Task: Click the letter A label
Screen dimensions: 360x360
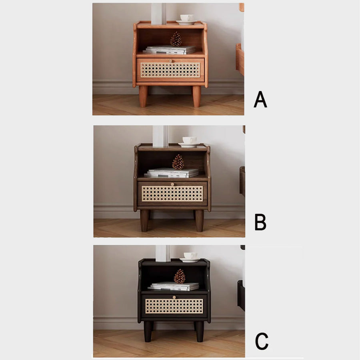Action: [x=260, y=100]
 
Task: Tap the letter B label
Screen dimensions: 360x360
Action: [x=260, y=222]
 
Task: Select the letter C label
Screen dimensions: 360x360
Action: [x=262, y=341]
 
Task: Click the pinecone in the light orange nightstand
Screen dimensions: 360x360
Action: [x=176, y=39]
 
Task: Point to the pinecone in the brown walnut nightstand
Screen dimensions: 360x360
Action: [x=178, y=162]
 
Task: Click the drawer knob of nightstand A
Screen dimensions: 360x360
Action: [x=170, y=61]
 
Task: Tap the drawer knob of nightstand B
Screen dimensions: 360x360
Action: [x=172, y=184]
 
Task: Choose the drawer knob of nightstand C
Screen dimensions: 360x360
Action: [x=174, y=297]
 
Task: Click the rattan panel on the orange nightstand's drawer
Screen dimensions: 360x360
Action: [x=170, y=70]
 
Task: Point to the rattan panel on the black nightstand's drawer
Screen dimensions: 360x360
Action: [x=174, y=306]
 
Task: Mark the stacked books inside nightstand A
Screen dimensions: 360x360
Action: [x=170, y=50]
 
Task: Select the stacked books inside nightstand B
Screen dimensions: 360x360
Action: [x=172, y=173]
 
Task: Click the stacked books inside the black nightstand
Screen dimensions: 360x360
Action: [x=174, y=286]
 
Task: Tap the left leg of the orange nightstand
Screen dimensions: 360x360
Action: [x=143, y=96]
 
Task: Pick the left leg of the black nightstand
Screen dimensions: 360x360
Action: [x=148, y=332]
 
